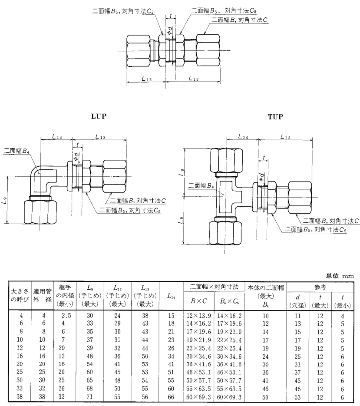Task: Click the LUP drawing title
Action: pos(99,117)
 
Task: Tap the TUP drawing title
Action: pos(275,117)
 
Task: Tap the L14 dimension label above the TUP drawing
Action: pos(244,137)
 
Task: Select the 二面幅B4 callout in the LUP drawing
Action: pos(15,151)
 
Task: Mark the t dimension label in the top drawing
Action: pos(173,16)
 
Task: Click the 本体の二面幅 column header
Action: pos(266,287)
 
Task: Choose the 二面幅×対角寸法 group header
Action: pos(213,287)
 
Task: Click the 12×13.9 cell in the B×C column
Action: pos(196,314)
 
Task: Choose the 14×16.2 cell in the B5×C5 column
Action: pos(230,314)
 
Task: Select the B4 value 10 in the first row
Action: pos(266,314)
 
